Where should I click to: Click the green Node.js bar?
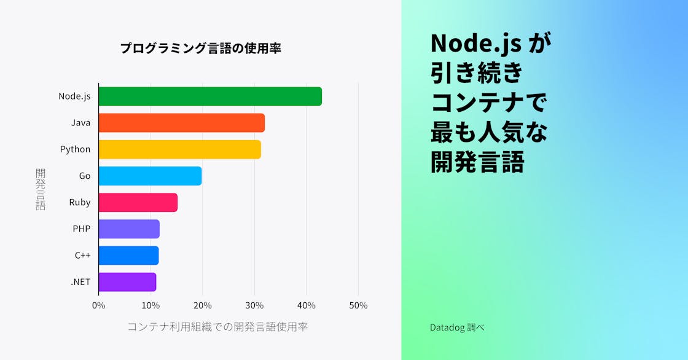210,96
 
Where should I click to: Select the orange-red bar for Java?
182,123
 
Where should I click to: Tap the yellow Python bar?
180,149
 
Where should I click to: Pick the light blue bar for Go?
150,176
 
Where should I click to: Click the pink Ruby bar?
138,202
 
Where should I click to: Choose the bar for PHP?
129,229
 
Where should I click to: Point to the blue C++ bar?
129,255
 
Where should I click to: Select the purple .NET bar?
128,281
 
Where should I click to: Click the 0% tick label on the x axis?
98,305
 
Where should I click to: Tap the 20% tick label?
203,305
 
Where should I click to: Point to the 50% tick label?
358,305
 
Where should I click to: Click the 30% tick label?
254,305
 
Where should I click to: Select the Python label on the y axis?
75,149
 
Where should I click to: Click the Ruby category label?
80,202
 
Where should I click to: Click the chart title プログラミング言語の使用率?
200,49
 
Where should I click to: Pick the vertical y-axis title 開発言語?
41,189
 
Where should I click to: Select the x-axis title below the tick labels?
217,327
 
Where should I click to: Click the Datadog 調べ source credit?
457,327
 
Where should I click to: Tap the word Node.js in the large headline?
476,43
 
